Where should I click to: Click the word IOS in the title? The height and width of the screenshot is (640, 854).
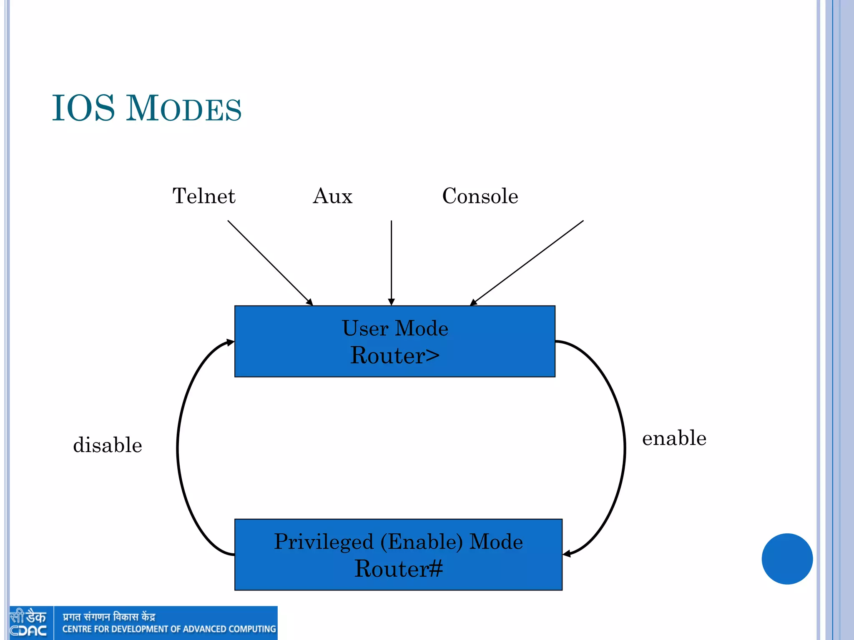(83, 108)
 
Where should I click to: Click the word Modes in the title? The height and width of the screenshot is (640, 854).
(184, 109)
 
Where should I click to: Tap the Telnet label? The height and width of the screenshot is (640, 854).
(204, 196)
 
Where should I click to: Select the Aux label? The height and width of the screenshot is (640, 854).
(332, 196)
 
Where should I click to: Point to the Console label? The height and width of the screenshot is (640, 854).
(480, 196)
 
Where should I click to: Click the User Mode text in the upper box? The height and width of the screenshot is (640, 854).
(395, 328)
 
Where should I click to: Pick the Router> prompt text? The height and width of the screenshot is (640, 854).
(395, 355)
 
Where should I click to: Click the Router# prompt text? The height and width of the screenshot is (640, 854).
(398, 569)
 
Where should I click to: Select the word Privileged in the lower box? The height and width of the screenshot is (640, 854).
(324, 542)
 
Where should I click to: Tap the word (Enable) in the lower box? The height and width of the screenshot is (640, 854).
(422, 542)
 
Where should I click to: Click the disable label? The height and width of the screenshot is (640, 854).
(108, 445)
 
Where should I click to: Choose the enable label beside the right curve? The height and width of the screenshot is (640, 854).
(674, 438)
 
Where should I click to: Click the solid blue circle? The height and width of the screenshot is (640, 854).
(787, 559)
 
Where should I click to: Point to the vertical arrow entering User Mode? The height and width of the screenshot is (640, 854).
(391, 262)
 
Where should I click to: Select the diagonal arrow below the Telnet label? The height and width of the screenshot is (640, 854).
(270, 262)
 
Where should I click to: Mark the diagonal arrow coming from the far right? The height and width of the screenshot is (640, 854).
(527, 263)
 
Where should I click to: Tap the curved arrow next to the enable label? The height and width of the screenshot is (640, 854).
(624, 448)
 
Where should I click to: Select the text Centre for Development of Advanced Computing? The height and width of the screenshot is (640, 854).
(169, 629)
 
